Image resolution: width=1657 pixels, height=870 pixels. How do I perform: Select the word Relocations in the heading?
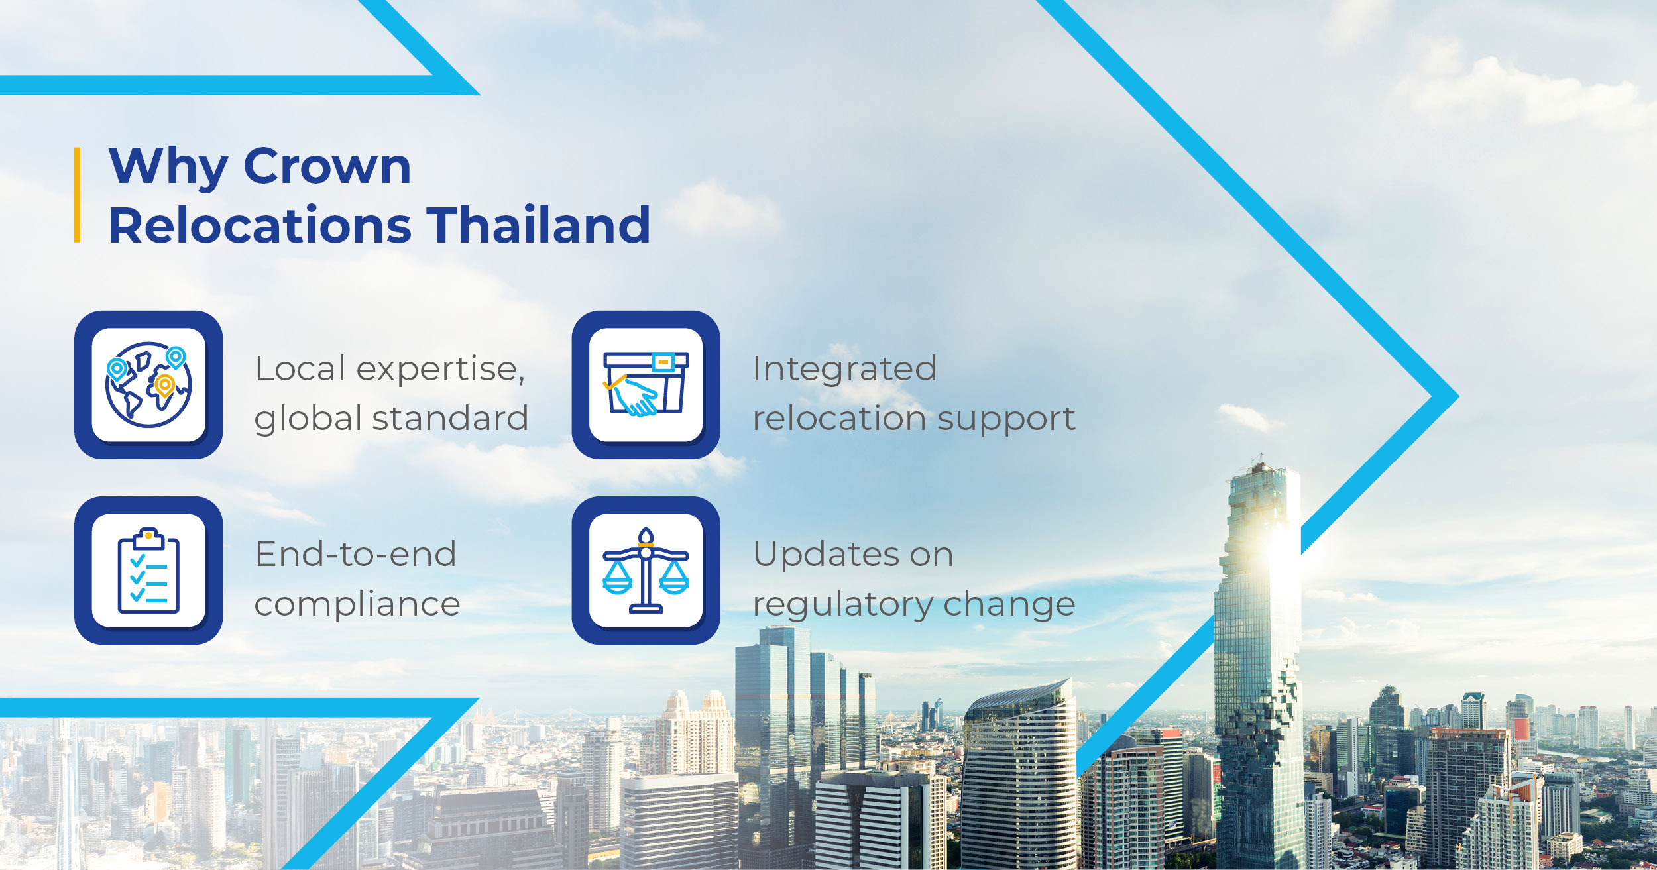[x=260, y=225]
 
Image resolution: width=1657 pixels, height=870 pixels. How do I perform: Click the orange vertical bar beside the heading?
[x=78, y=195]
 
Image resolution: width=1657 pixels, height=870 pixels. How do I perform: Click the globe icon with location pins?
[x=148, y=385]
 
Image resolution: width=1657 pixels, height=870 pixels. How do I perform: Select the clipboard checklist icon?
[x=148, y=571]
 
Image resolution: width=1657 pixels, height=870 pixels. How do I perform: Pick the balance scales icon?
[x=646, y=571]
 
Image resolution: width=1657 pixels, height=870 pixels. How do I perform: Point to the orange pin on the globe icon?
[x=164, y=386]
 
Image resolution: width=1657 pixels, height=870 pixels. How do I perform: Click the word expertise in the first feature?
[x=440, y=369]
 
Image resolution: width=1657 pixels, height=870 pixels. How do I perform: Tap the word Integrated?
[x=844, y=369]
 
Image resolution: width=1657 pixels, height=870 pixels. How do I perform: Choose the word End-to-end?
[x=356, y=555]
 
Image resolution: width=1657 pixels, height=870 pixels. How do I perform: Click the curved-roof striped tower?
[x=1019, y=775]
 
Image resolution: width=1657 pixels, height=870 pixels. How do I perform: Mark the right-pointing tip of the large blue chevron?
[x=1458, y=396]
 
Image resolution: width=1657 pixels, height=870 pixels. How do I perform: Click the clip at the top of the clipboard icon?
[x=148, y=538]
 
